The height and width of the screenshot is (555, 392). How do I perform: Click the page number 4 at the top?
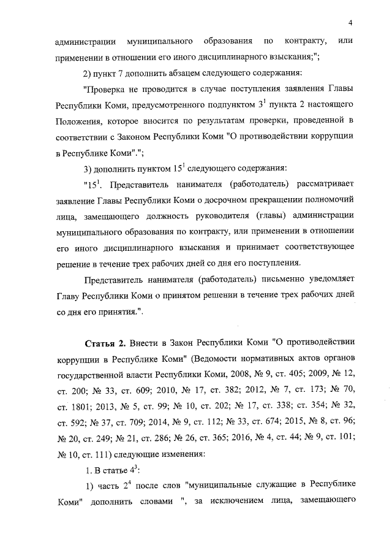(350, 23)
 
